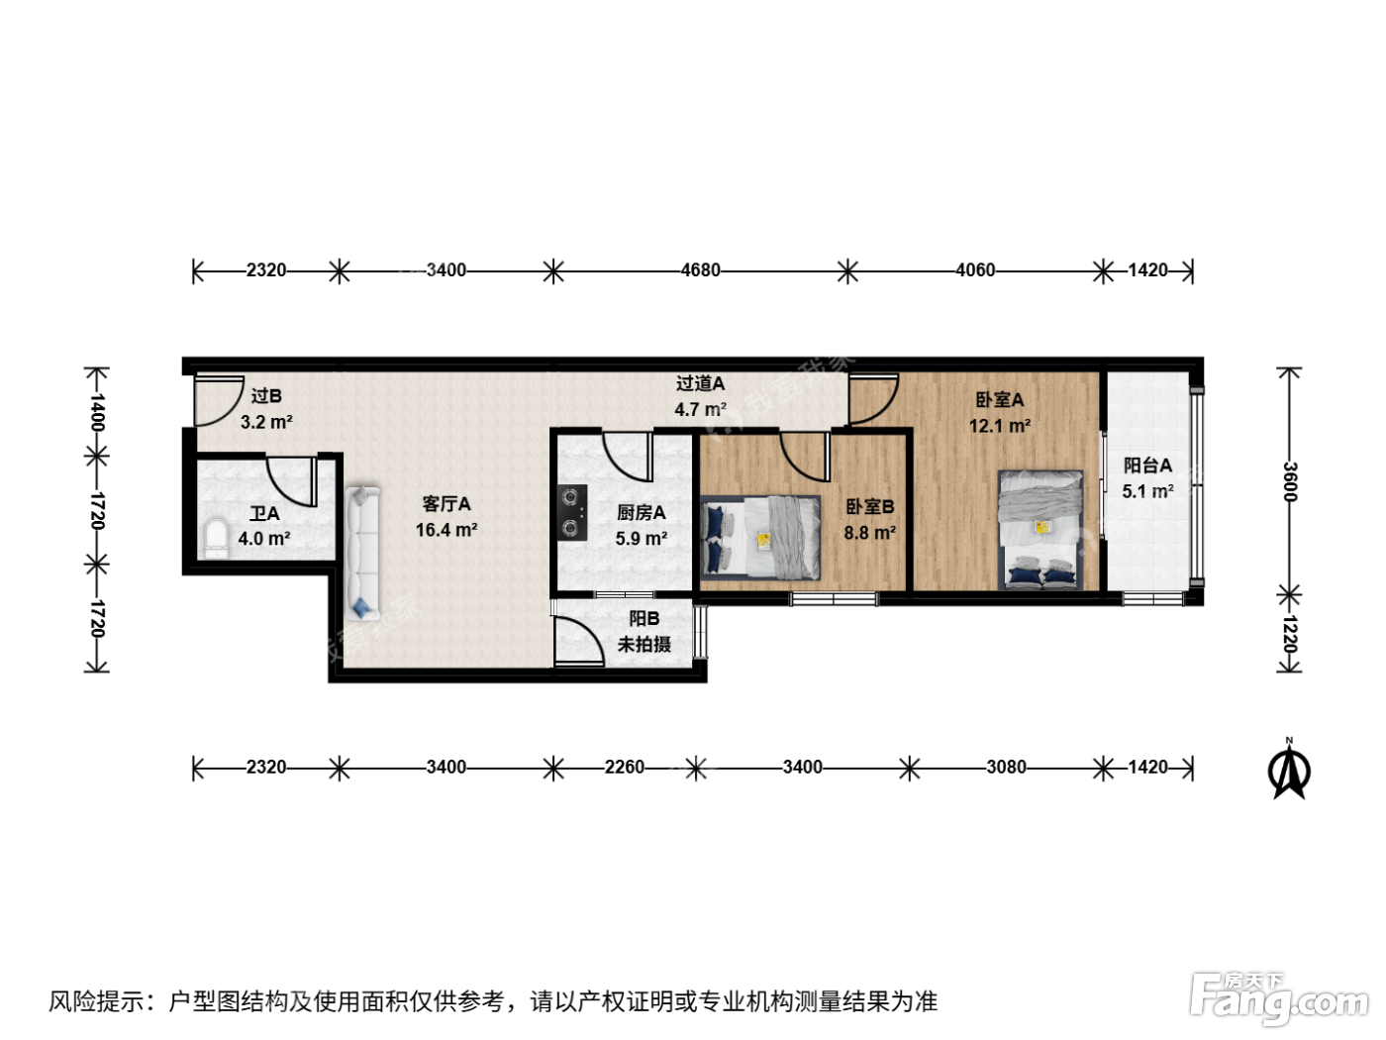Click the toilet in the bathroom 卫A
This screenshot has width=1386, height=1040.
pos(216,539)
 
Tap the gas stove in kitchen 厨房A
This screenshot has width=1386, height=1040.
pos(572,512)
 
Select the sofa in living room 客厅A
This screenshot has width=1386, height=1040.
pos(361,552)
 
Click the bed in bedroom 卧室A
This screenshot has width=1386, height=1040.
pos(1039,530)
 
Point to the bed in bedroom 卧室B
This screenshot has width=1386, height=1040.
pos(760,538)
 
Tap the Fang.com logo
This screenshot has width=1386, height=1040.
pos(1279,997)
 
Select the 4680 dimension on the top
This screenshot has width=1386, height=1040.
pos(700,270)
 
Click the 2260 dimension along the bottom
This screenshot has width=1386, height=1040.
pos(625,767)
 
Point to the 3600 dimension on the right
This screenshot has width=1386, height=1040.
pos(1289,481)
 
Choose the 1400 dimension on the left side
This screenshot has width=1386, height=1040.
pos(97,412)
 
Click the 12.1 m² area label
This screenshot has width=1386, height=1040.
pos(1000,426)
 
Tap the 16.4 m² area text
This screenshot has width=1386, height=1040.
pos(445,530)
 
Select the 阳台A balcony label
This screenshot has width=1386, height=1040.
pos(1147,466)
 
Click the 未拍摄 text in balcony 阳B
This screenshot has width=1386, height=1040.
pos(643,644)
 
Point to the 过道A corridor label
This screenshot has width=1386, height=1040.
pos(700,383)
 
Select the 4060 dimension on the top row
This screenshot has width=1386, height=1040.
pos(975,270)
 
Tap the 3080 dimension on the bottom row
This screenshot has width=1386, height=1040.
pos(1006,767)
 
